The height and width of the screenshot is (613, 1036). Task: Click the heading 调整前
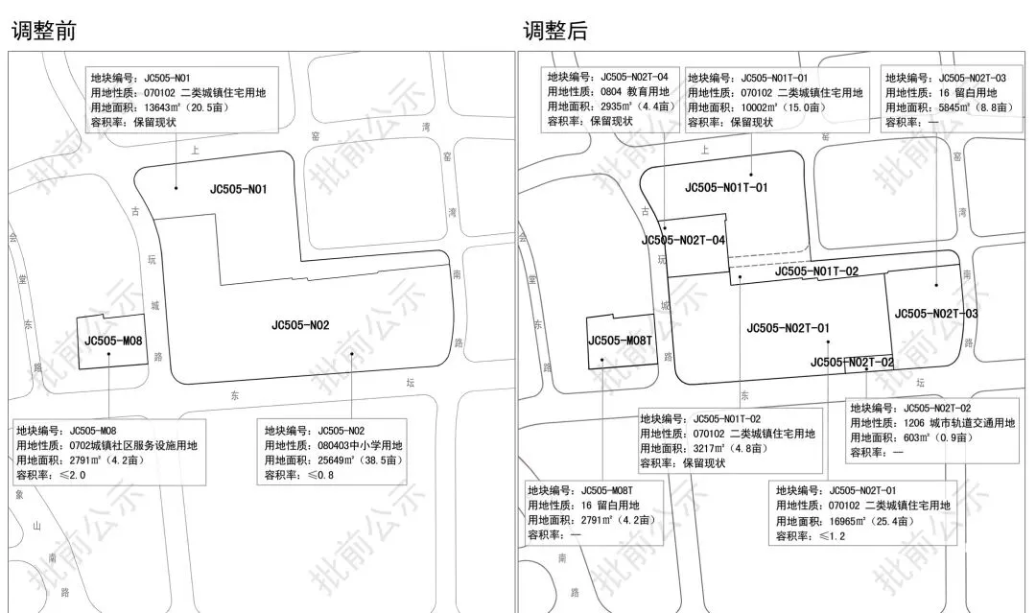(x=43, y=30)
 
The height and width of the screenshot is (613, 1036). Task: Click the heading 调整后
(x=554, y=30)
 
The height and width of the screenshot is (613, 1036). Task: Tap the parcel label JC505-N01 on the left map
(x=238, y=190)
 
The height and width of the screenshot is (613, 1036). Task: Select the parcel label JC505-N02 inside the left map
(x=300, y=326)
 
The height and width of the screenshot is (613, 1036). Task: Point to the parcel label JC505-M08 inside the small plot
(x=113, y=340)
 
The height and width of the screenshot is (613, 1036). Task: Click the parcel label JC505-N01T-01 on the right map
(x=726, y=187)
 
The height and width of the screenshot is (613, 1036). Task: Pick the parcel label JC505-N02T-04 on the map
(x=683, y=240)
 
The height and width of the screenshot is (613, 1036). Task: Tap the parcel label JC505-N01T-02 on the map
(x=816, y=271)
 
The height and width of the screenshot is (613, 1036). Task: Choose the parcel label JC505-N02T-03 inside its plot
(x=936, y=314)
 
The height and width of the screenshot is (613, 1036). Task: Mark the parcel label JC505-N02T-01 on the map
(x=788, y=329)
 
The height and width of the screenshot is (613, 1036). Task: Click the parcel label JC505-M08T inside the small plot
(x=621, y=340)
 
